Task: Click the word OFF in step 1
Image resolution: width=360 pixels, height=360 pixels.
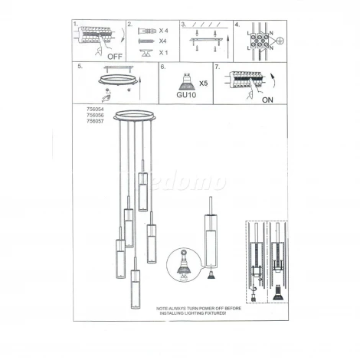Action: [116, 56]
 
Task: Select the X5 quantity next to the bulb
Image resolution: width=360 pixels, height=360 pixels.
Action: [203, 81]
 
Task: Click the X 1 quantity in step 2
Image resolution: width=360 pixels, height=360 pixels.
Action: [163, 54]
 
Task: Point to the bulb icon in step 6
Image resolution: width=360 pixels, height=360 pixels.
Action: [185, 80]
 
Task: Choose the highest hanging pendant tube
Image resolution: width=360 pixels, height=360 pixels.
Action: [142, 191]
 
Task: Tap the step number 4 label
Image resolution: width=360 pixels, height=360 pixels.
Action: [237, 25]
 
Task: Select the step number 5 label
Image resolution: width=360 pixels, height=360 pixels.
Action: [80, 67]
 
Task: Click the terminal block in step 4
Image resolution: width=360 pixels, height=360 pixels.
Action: [260, 40]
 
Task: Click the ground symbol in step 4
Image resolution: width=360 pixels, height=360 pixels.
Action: [281, 40]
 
